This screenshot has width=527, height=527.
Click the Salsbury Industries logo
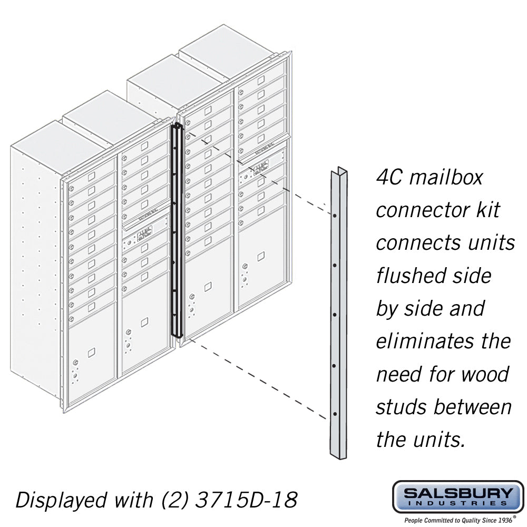(457, 497)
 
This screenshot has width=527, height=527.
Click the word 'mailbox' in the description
(446, 177)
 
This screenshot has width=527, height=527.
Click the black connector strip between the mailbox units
(177, 232)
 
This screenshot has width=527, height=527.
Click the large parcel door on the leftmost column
(92, 353)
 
